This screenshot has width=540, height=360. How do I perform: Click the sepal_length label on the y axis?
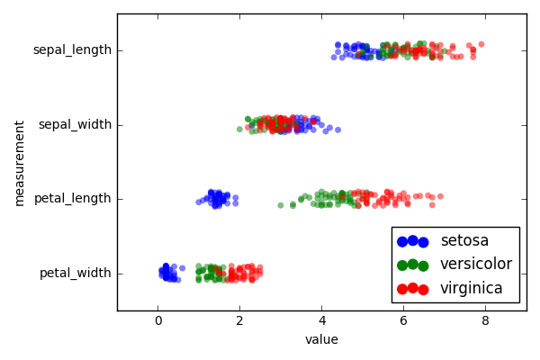(72, 49)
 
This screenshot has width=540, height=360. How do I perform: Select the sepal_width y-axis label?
(75, 124)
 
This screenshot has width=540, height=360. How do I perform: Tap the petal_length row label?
(72, 198)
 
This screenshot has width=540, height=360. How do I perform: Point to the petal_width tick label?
(75, 273)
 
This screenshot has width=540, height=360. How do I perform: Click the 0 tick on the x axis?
(158, 321)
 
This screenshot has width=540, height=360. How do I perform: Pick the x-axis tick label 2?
(239, 321)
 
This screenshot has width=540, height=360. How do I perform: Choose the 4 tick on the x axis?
(321, 321)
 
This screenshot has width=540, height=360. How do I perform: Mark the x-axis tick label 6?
(403, 321)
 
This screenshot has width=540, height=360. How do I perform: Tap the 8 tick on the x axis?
(485, 321)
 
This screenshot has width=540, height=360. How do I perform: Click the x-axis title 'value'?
(321, 340)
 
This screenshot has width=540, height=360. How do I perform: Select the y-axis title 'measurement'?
(20, 162)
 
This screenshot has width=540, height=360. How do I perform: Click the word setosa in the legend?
(464, 241)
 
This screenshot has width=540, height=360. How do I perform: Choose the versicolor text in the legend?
(476, 265)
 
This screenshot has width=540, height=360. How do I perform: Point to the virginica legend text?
(472, 289)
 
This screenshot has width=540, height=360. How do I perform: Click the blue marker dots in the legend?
(411, 241)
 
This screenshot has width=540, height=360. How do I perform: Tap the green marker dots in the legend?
(411, 265)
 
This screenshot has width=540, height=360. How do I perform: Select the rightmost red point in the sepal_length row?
(481, 44)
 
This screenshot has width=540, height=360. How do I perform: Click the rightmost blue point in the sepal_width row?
(337, 130)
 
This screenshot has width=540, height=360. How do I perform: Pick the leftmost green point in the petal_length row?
(280, 205)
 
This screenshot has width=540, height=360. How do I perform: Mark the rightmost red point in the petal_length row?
(440, 196)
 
